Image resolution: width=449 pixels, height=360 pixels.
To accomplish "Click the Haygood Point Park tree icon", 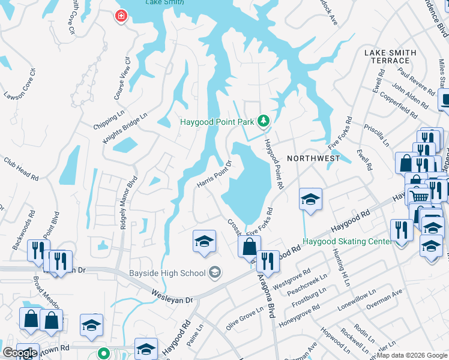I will (x=263, y=122).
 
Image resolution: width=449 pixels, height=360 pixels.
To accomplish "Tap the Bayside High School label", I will (x=167, y=274).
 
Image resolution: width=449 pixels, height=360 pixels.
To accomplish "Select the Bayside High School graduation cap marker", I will (x=214, y=274).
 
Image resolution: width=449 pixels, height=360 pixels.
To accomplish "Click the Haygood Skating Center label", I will (x=346, y=241).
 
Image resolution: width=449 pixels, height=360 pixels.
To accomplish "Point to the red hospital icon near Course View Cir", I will (x=122, y=16).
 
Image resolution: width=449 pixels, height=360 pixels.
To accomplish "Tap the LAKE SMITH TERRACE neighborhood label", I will (x=390, y=57).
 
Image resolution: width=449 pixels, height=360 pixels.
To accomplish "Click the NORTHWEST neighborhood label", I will (x=313, y=158).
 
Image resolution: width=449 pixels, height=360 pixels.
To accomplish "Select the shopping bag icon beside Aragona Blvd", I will (x=249, y=246).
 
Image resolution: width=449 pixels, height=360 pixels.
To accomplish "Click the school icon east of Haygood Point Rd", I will (x=310, y=199).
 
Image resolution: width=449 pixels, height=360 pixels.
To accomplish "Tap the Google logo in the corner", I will (x=20, y=353).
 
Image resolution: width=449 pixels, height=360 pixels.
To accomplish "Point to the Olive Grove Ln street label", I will (x=244, y=319).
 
